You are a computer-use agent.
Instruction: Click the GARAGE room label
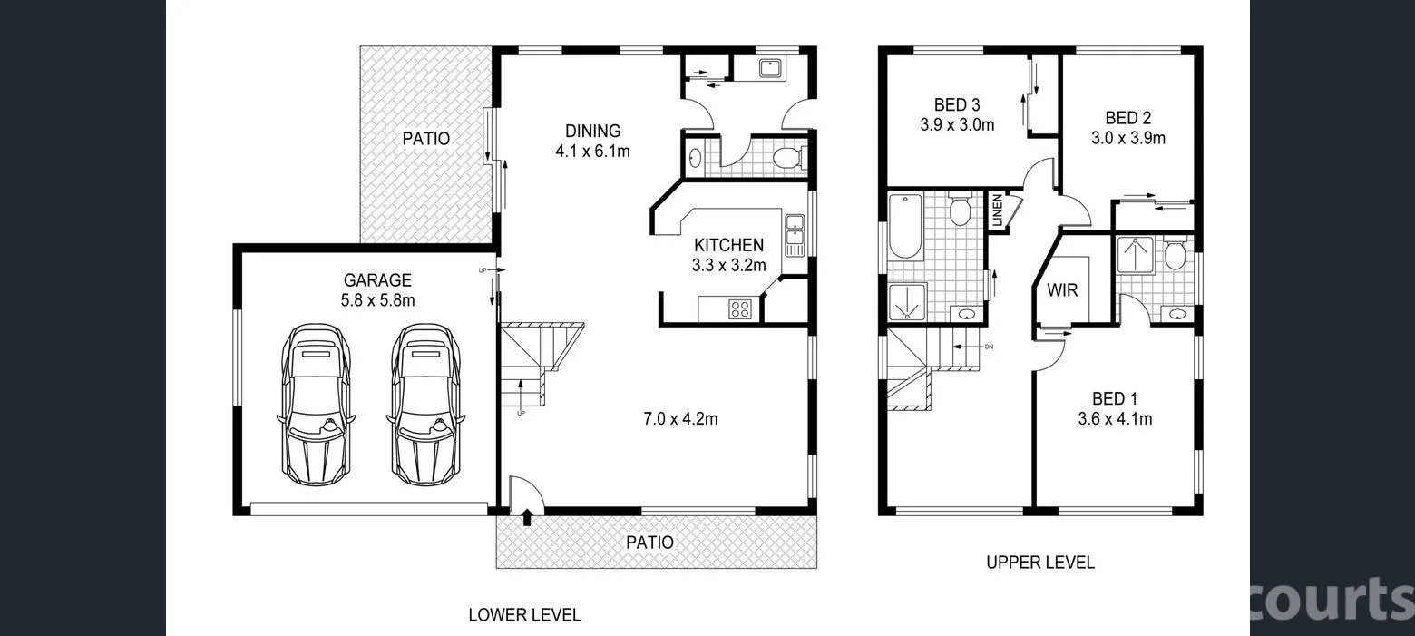point(376,280)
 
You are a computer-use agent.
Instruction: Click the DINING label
point(592,131)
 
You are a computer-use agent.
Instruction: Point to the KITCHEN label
point(728,245)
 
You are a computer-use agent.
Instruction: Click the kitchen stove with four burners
point(740,308)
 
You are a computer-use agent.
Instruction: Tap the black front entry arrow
point(527,518)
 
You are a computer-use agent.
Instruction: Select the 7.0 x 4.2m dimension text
point(680,418)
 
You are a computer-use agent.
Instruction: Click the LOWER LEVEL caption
point(524,614)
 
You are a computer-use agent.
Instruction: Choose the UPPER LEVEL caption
point(1040,563)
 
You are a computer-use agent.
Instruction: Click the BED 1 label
point(1114,398)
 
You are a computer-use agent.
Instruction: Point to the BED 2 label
point(1127,118)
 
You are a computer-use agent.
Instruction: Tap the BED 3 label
point(956,105)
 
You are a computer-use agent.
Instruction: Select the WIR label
point(1062,291)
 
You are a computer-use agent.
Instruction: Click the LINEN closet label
point(997,211)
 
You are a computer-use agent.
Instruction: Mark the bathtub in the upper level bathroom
point(904,226)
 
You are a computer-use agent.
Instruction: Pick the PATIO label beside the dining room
point(425,139)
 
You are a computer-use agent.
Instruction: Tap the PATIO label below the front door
point(650,543)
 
